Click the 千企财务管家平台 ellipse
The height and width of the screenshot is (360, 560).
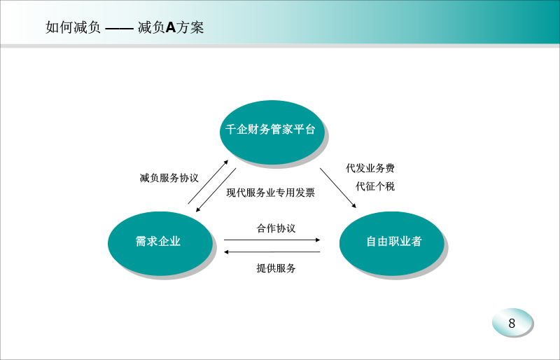(272, 132)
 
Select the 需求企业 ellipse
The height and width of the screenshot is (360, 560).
(160, 244)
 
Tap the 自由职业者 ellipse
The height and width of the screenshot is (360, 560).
(392, 244)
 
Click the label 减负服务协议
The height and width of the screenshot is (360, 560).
(169, 178)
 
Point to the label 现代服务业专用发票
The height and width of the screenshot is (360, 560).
(271, 193)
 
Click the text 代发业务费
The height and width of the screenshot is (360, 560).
(370, 168)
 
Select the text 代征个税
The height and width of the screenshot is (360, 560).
(375, 186)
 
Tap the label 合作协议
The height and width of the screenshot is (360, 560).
(276, 228)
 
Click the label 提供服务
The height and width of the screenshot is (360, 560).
(276, 268)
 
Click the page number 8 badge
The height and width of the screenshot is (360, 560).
(512, 322)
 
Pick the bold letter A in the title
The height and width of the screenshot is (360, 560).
(171, 27)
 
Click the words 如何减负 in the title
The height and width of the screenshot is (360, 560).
(73, 27)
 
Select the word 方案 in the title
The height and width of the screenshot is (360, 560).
(190, 27)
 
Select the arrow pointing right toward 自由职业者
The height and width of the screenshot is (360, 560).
(272, 240)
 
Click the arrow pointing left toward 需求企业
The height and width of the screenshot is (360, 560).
(272, 252)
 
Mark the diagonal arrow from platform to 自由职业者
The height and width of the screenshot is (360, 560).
(338, 188)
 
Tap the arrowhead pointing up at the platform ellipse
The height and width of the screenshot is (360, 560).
(225, 162)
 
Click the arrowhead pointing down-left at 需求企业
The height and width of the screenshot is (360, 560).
(198, 209)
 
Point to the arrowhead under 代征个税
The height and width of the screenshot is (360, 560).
(353, 205)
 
